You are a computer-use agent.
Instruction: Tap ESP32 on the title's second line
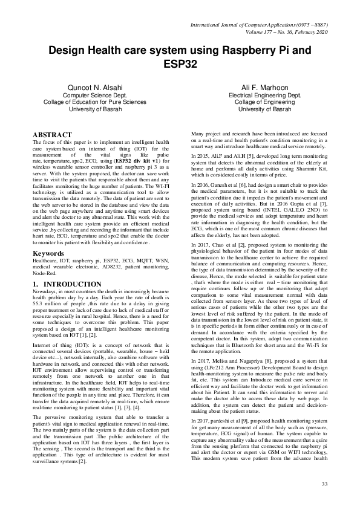pyautogui.click(x=180, y=63)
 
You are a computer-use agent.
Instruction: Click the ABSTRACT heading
pyautogui.click(x=52, y=135)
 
